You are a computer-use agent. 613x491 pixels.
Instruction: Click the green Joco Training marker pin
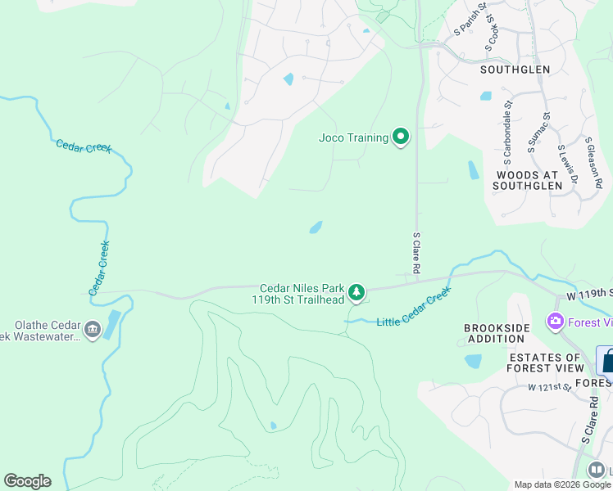[401, 137]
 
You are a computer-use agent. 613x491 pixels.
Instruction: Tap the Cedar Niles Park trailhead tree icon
[356, 292]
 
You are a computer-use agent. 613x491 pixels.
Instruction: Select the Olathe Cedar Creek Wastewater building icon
[92, 331]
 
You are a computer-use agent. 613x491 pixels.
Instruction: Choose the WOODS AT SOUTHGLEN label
[528, 180]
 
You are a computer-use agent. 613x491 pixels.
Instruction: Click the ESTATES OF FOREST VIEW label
[545, 363]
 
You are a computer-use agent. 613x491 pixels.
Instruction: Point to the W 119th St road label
[589, 293]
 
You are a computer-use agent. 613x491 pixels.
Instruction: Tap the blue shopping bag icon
[607, 360]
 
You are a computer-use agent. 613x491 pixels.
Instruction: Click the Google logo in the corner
[27, 481]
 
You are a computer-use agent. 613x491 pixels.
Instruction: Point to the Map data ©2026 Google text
[562, 484]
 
